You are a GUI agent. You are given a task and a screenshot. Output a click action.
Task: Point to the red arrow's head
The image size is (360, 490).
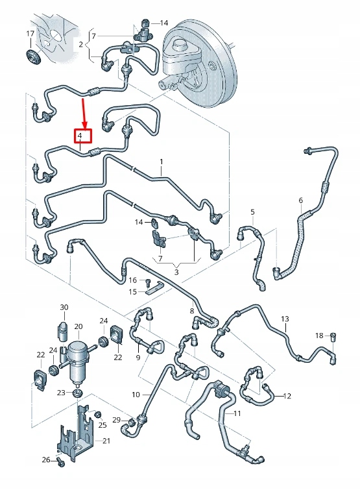(84, 125)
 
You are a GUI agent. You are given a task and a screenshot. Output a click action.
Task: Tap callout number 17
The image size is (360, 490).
(30, 34)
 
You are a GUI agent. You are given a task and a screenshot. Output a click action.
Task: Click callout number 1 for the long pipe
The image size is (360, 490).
(162, 161)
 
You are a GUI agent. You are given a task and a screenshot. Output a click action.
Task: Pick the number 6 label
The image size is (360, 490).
(300, 200)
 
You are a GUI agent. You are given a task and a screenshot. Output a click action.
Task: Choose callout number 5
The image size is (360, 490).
(252, 212)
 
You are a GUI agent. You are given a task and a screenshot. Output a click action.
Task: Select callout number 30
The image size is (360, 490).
(64, 307)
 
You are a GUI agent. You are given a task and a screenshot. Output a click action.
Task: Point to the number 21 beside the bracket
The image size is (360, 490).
(108, 441)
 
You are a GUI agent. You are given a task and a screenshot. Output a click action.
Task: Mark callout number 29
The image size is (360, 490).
(117, 421)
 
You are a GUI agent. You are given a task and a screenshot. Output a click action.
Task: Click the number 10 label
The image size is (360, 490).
(136, 394)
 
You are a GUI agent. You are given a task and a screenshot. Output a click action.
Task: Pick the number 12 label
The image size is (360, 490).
(288, 396)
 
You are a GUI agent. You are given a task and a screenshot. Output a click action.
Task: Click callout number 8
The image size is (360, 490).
(192, 312)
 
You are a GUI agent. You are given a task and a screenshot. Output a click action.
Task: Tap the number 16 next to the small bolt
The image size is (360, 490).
(133, 280)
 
